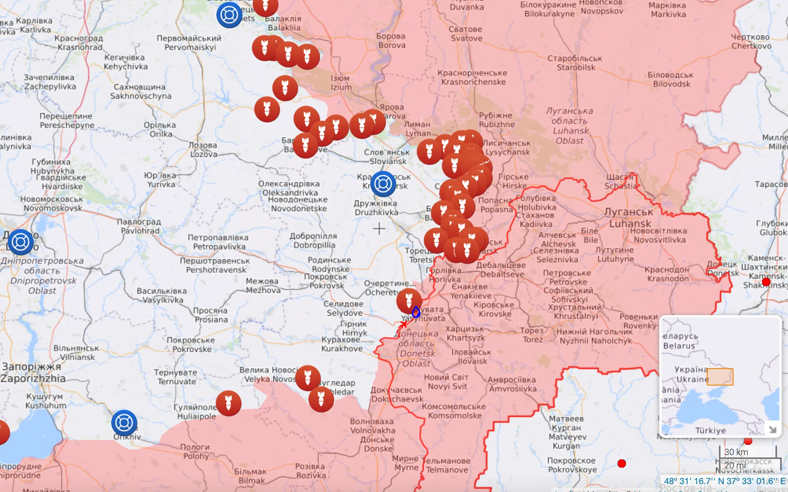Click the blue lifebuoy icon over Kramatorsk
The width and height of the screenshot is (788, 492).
click(x=383, y=184)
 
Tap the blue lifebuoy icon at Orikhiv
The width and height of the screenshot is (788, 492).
click(x=124, y=423)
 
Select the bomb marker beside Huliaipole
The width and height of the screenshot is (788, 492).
click(x=228, y=403)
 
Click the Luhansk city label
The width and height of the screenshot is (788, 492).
click(x=629, y=218)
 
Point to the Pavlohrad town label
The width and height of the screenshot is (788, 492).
click(x=139, y=226)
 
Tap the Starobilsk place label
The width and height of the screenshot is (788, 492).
click(x=575, y=63)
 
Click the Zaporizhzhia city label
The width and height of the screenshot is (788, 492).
click(x=33, y=373)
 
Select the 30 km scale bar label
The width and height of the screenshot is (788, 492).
click(x=736, y=452)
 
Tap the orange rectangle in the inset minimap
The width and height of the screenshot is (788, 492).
click(x=720, y=376)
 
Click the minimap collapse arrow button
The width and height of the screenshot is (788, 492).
click(x=772, y=429)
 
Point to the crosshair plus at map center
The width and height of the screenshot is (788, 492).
click(x=379, y=228)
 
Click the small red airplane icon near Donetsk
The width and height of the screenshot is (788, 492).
click(x=403, y=324)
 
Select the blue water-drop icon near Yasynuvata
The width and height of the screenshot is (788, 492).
click(x=416, y=312)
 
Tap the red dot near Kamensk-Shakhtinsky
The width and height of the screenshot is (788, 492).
click(x=766, y=282)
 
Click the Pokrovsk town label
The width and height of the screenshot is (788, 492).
click(x=326, y=281)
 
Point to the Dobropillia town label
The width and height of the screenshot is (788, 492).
click(x=314, y=240)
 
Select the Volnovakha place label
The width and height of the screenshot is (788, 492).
click(x=372, y=426)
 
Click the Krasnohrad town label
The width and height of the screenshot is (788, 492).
click(x=79, y=43)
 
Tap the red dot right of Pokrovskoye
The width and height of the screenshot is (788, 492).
click(x=622, y=463)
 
